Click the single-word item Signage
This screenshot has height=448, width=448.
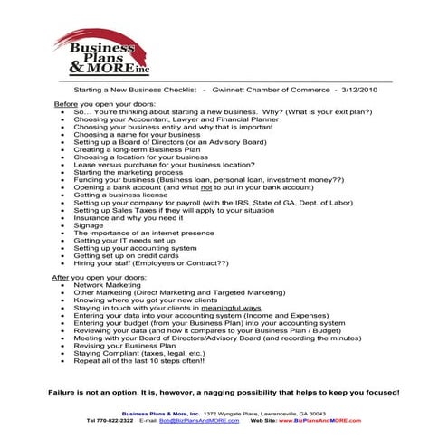[88, 225]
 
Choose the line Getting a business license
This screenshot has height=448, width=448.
[119, 195]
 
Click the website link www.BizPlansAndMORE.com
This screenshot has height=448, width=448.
[322, 422]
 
